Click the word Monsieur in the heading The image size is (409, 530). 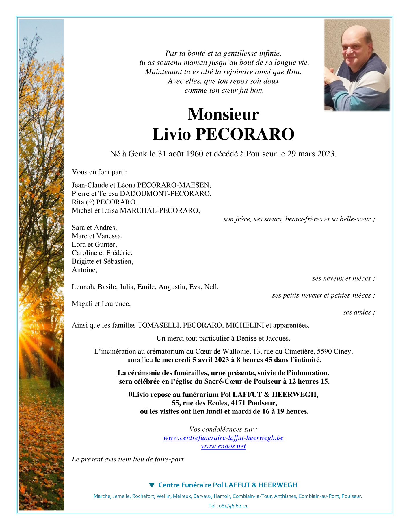tap(223, 114)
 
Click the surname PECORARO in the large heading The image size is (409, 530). tap(245, 134)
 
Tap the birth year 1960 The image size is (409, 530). tap(195, 154)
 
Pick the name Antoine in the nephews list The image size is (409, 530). tap(84, 270)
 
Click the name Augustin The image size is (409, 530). tap(172, 287)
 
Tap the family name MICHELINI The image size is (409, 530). tap(245, 325)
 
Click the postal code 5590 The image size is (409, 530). tap(324, 352)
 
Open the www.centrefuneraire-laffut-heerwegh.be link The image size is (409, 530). tap(223, 438)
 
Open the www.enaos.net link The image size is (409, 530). tap(223, 446)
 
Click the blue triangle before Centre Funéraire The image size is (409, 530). tap(152, 485)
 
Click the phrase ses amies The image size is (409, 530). tap(358, 312)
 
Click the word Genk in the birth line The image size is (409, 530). tap(138, 154)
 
